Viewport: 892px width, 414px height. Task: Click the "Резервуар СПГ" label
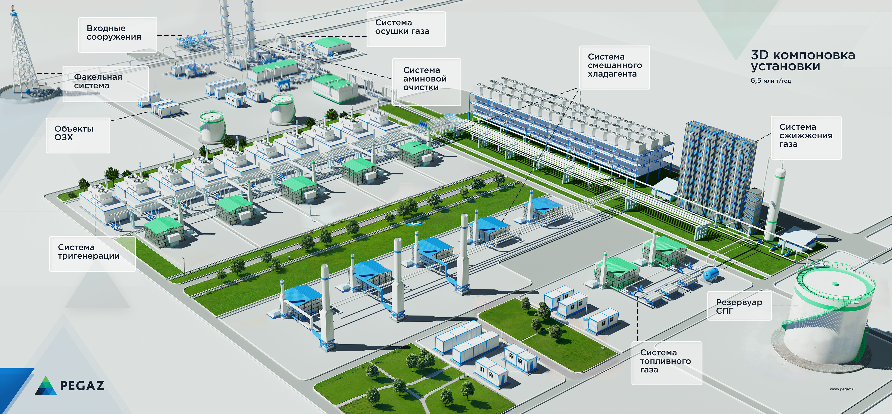(739, 306)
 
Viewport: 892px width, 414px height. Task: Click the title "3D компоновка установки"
(803, 60)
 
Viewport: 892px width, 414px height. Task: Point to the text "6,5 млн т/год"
(771, 81)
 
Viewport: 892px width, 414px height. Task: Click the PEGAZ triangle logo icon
(46, 385)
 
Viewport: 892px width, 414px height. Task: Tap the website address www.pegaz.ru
(843, 389)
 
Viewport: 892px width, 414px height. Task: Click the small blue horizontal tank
(711, 274)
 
